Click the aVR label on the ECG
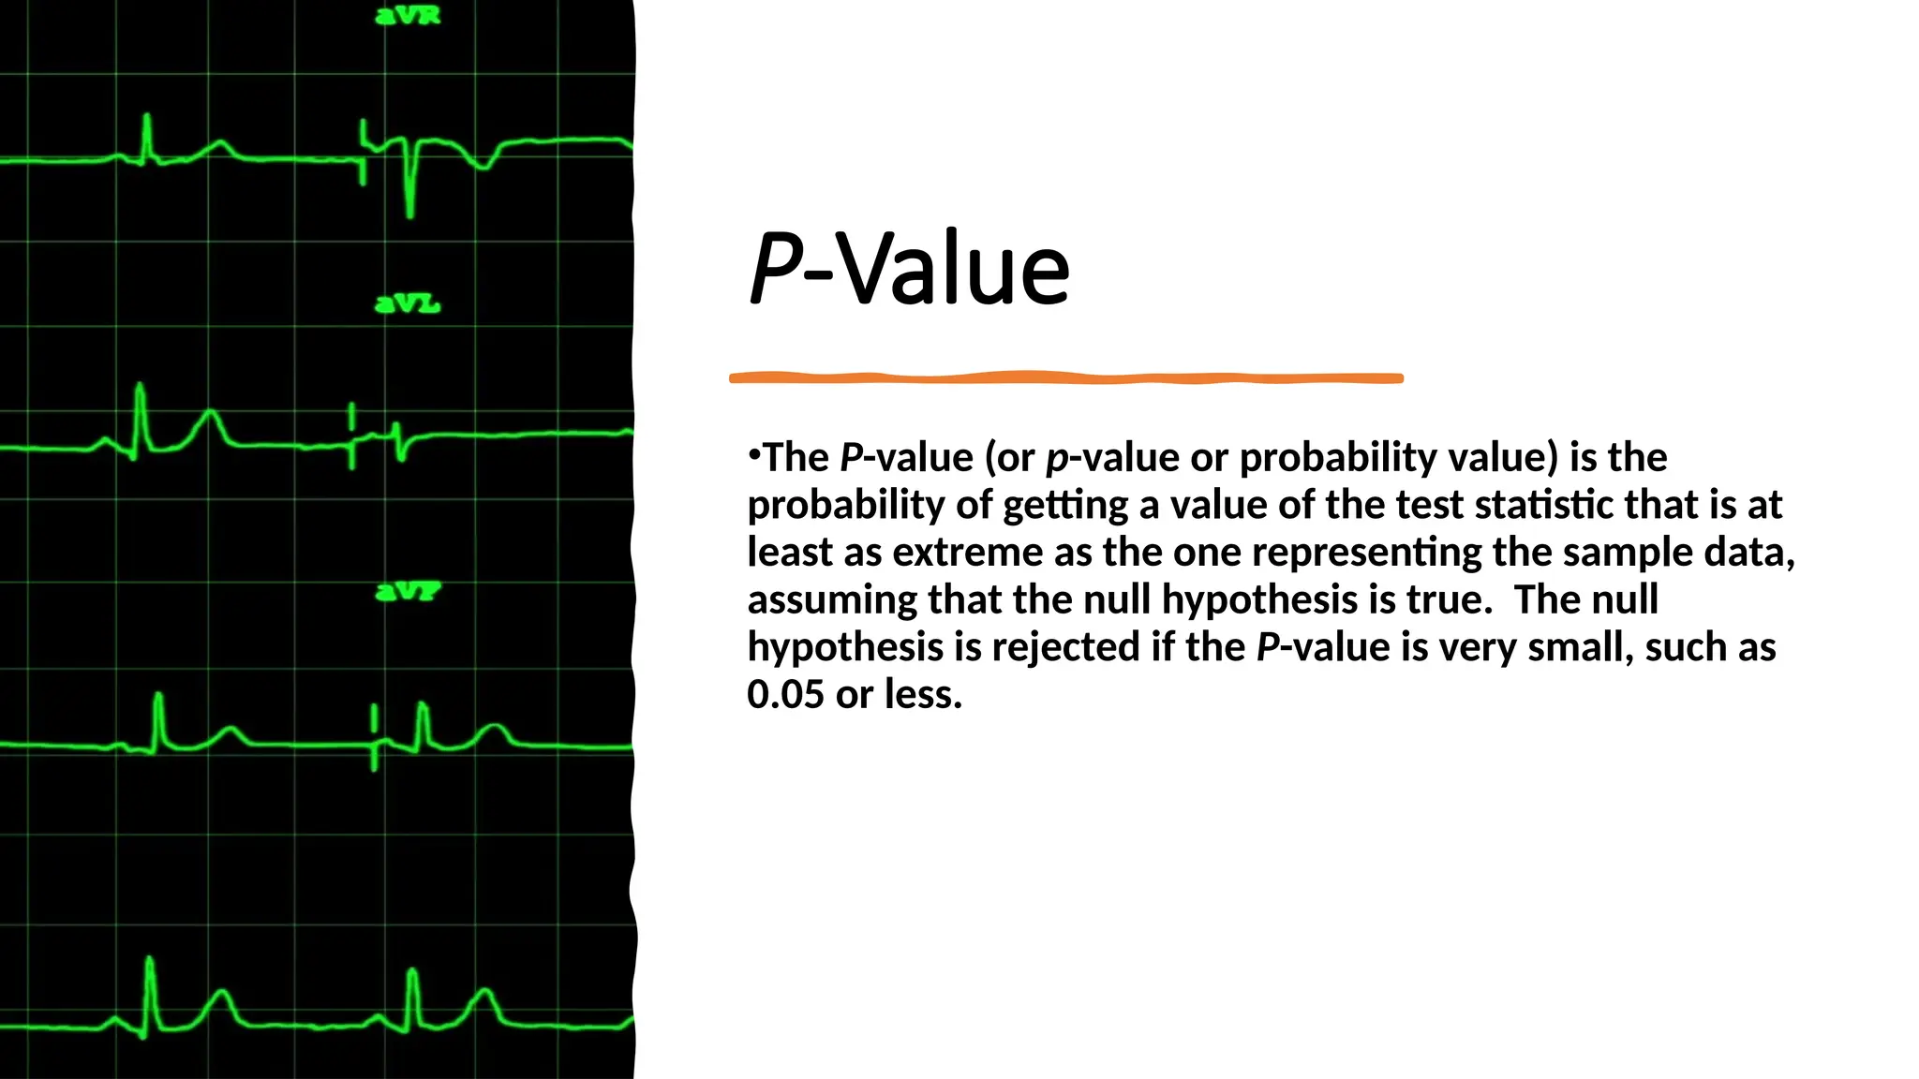[408, 16]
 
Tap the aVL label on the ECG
[408, 304]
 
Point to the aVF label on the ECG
[408, 592]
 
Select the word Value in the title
[952, 269]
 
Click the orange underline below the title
[1066, 378]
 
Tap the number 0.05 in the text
[785, 695]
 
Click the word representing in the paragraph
[1366, 553]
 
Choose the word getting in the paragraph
[1065, 506]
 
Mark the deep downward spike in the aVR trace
[410, 201]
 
